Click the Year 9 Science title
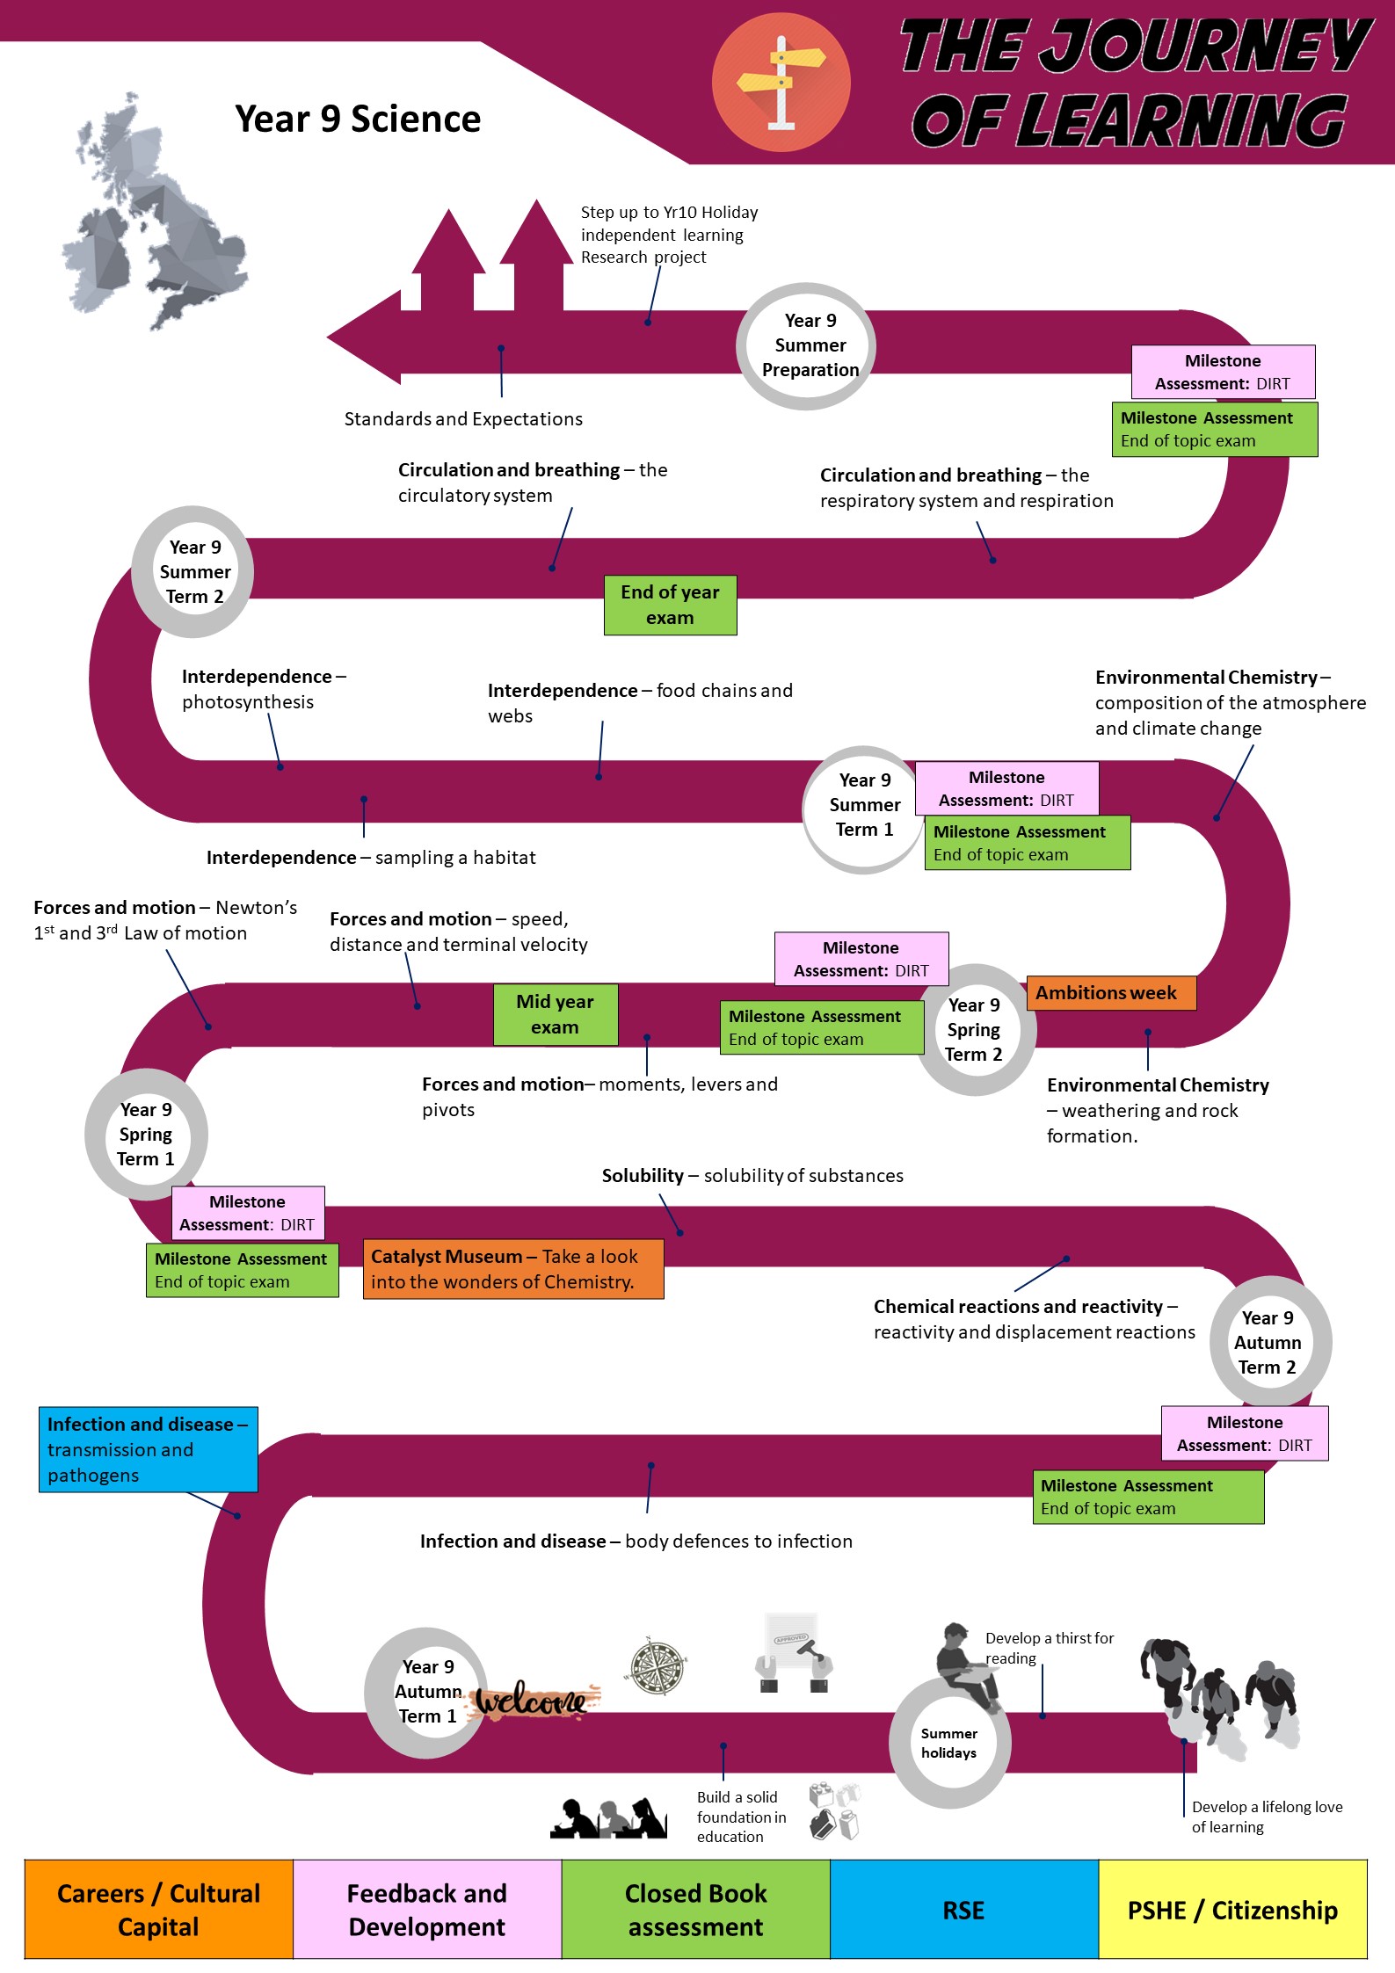coord(358,119)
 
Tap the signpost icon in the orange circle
coord(781,83)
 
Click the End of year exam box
coord(670,605)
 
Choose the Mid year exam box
coord(555,1014)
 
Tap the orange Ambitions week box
coord(1111,993)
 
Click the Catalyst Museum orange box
coord(513,1269)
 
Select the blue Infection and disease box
coord(149,1449)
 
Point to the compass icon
coord(658,1666)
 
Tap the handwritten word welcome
coord(533,1701)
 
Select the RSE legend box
coord(964,1909)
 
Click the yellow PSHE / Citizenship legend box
coord(1233,1909)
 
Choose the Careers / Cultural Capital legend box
coord(159,1909)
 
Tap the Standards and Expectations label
coord(463,419)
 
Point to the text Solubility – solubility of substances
coord(752,1176)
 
